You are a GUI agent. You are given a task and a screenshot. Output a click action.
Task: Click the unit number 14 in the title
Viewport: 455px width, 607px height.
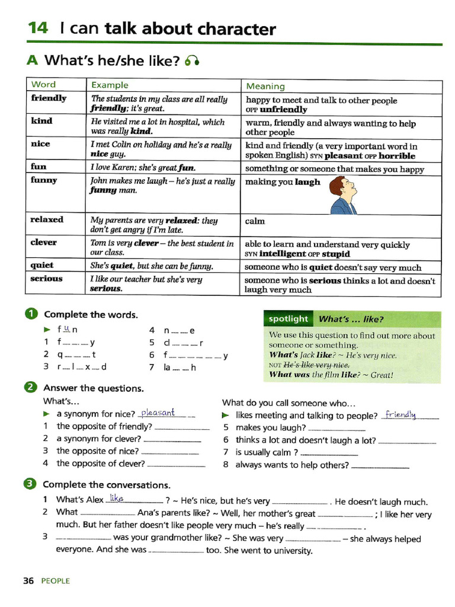(x=39, y=28)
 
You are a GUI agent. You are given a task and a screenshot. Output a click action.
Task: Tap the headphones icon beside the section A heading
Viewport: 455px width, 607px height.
(x=191, y=60)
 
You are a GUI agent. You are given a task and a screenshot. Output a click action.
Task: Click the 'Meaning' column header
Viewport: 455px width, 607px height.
(x=265, y=87)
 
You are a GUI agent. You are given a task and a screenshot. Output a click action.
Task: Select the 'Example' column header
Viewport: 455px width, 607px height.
(x=109, y=85)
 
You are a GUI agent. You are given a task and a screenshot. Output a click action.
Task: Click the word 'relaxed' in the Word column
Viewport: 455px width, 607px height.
(x=47, y=219)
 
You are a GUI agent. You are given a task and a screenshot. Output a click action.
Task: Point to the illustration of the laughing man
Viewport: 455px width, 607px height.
(x=342, y=194)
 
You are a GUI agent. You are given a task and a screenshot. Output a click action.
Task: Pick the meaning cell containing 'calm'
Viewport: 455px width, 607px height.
(x=255, y=221)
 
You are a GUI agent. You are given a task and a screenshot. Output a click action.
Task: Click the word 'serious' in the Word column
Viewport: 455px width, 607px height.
(x=46, y=279)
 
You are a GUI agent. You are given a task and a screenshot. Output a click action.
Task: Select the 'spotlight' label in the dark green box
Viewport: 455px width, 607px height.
(x=288, y=319)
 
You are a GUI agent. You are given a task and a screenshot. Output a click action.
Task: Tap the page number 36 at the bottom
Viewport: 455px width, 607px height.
(x=28, y=581)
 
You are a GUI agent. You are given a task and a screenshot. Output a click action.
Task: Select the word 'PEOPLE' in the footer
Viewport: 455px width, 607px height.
(x=56, y=581)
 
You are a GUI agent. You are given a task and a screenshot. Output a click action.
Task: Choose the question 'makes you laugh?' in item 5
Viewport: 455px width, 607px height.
(x=270, y=427)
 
